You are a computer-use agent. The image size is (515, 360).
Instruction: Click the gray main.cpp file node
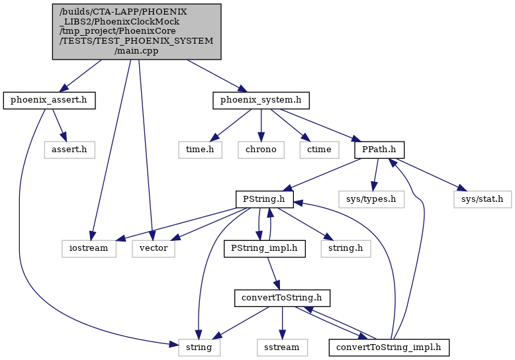click(136, 32)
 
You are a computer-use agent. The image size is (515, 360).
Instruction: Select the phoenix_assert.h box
click(49, 101)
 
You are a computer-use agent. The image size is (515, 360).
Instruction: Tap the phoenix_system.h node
click(261, 101)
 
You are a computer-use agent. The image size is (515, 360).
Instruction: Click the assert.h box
click(70, 150)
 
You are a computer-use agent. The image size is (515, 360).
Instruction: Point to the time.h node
click(200, 150)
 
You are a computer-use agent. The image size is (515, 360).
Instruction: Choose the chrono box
click(261, 150)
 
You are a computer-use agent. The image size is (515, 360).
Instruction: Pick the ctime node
click(319, 150)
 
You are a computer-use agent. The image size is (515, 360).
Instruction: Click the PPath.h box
click(379, 150)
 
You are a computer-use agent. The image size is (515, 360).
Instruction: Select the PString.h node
click(264, 199)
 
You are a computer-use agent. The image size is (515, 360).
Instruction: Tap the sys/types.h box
click(371, 199)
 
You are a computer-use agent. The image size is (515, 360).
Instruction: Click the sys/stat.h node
click(483, 199)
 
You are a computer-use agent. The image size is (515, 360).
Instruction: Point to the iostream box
click(89, 249)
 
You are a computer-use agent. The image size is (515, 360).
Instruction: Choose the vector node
click(154, 249)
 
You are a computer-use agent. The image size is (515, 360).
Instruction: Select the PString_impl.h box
click(265, 249)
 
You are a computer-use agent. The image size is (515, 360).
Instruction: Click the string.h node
click(346, 249)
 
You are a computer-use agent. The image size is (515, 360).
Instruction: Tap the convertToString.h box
click(282, 298)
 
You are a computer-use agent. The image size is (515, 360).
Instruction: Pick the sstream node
click(282, 348)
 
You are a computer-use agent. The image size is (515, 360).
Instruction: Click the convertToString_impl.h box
click(389, 348)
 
